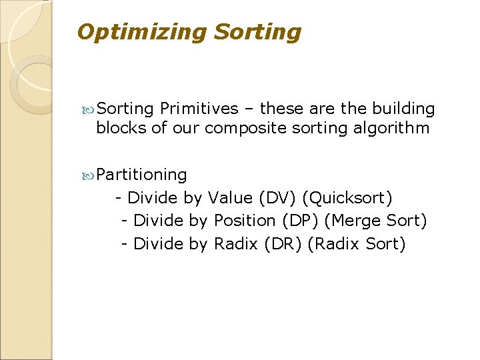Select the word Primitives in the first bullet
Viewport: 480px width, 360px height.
[x=199, y=109]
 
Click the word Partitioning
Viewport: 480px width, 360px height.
[x=141, y=175]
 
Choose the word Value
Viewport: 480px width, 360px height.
[x=230, y=198]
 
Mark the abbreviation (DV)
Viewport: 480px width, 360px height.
[x=277, y=198]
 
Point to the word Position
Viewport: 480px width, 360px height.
[x=245, y=221]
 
